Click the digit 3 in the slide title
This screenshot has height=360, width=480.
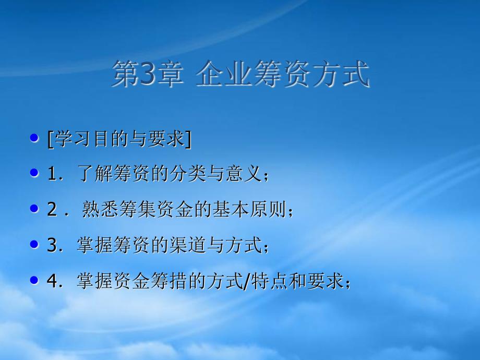click(x=148, y=74)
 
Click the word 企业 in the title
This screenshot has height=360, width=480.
click(x=222, y=74)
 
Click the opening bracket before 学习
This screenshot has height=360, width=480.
click(x=51, y=139)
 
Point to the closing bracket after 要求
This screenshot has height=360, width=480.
click(x=188, y=139)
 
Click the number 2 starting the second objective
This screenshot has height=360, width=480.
click(x=52, y=209)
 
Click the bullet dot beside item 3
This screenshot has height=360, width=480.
click(x=34, y=244)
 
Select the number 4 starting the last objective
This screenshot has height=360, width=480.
click(x=52, y=280)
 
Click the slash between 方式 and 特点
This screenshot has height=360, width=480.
click(x=247, y=281)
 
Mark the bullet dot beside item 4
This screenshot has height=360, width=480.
click(x=34, y=280)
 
